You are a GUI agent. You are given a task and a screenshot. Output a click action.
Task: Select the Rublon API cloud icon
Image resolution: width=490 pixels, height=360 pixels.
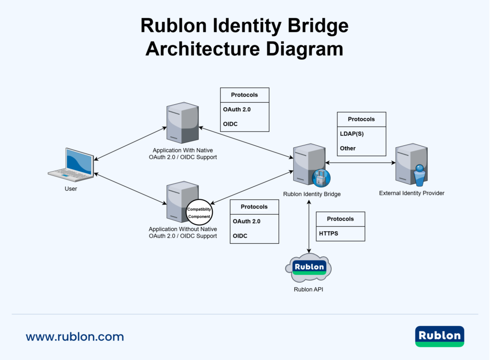point(309,268)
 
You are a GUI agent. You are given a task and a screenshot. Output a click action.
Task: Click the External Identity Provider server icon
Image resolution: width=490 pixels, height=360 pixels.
point(411,164)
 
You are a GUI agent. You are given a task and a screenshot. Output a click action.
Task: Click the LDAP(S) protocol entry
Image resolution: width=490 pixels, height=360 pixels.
point(352,134)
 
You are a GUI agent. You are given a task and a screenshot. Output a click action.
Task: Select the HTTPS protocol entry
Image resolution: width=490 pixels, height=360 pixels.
point(329,234)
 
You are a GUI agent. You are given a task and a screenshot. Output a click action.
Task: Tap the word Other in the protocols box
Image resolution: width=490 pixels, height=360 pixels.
point(348,148)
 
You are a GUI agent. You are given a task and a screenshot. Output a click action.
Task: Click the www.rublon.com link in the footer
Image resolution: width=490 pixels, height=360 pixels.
point(75,337)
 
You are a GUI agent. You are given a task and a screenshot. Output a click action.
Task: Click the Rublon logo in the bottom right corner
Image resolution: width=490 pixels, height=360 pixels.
point(439,336)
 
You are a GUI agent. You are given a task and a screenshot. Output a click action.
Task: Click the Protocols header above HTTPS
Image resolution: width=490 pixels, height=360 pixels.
point(340,219)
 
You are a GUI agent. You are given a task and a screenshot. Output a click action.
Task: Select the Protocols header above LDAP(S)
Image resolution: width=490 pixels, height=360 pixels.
point(361,119)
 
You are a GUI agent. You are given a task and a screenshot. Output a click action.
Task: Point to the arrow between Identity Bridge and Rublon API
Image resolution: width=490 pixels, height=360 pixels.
point(309,227)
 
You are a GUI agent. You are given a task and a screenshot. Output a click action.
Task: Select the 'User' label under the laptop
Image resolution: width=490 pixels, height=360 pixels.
point(71,189)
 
